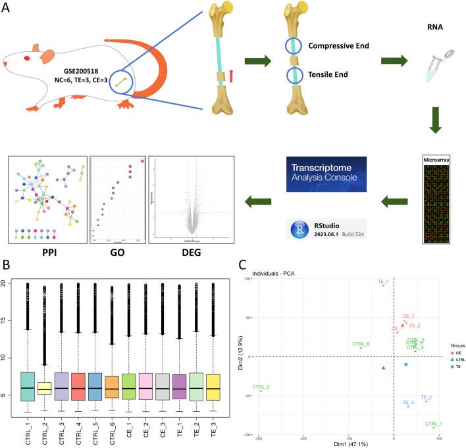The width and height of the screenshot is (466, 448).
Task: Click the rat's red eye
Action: click(26, 58)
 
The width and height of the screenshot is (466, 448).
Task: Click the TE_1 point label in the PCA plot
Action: click(383, 282)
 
